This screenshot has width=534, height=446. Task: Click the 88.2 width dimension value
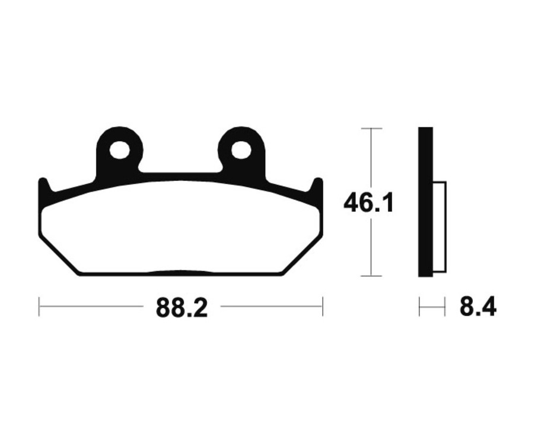(x=182, y=307)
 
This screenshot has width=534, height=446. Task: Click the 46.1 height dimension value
(x=368, y=203)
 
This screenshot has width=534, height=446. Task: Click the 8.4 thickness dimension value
(x=478, y=307)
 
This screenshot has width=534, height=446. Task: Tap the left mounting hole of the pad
(x=119, y=150)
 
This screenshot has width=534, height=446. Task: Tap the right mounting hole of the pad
(x=240, y=150)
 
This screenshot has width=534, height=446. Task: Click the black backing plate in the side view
(x=425, y=202)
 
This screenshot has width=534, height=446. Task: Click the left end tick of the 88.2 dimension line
(x=39, y=307)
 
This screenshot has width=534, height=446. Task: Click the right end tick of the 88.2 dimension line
(x=322, y=307)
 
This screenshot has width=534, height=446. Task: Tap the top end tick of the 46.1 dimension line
(x=371, y=128)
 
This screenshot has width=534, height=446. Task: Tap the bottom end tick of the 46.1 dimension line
(x=371, y=276)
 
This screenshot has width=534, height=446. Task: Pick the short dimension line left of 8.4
(x=432, y=307)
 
